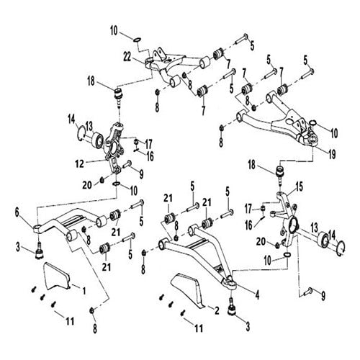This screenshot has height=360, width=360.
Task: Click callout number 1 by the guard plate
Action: click(84, 290)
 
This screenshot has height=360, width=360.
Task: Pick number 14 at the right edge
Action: click(333, 235)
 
